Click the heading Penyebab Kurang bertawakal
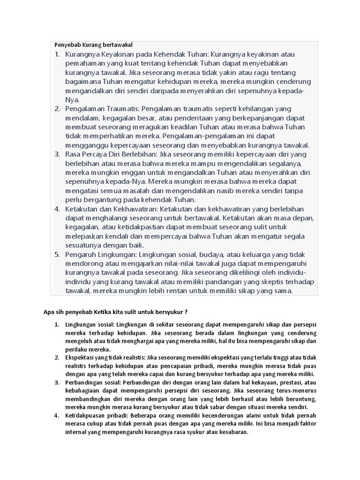(x=94, y=45)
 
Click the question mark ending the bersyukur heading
(x=186, y=312)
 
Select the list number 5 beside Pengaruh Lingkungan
(x=57, y=255)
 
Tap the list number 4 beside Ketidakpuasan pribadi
(x=57, y=416)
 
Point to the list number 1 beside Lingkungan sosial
(x=57, y=324)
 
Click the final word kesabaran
(x=232, y=433)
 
